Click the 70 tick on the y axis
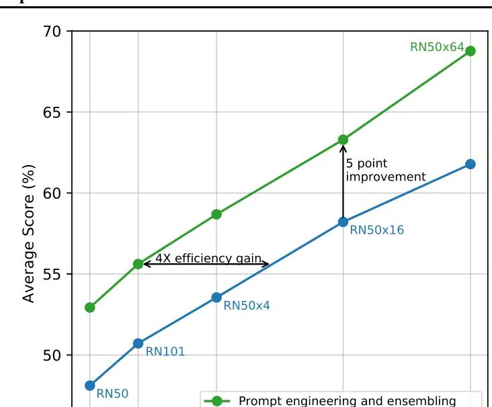[x=52, y=32]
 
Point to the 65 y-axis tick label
[x=52, y=112]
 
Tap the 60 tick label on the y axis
[x=52, y=193]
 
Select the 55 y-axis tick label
[x=52, y=274]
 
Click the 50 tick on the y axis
[x=52, y=355]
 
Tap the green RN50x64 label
[x=437, y=48]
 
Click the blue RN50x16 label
[x=377, y=230]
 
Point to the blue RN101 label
[x=165, y=351]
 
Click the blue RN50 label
[x=112, y=394]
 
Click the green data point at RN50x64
[x=470, y=51]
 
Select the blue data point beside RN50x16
[x=343, y=222]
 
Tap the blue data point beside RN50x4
[x=216, y=297]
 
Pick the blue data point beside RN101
[x=138, y=343]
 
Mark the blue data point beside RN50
[x=90, y=386]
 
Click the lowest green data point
[x=90, y=308]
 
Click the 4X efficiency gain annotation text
[x=208, y=259]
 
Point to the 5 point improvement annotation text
[x=385, y=171]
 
